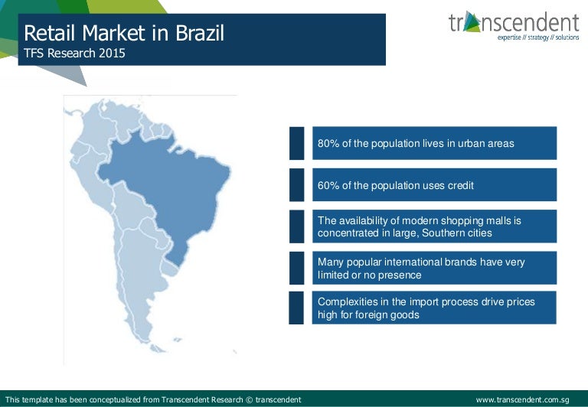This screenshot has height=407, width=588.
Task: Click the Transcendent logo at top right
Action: pyautogui.click(x=514, y=23)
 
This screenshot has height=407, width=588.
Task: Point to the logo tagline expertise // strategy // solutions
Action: pyautogui.click(x=538, y=37)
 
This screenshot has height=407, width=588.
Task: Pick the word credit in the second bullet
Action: pyautogui.click(x=459, y=185)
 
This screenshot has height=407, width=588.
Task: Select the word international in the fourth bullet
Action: pyautogui.click(x=433, y=262)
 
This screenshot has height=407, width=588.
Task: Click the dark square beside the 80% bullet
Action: pyautogui.click(x=296, y=143)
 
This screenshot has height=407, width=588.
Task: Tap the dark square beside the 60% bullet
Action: pyautogui.click(x=296, y=185)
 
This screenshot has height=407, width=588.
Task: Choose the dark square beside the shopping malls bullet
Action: pyautogui.click(x=296, y=226)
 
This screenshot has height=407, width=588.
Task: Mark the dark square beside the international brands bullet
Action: pyautogui.click(x=296, y=268)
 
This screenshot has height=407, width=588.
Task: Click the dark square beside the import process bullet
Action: pyautogui.click(x=296, y=308)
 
